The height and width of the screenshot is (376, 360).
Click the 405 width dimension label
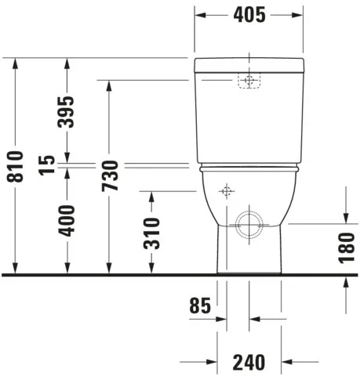pos(248,15)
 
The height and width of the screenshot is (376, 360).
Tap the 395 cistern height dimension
pos(67,113)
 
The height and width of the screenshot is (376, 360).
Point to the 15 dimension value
pos(47,164)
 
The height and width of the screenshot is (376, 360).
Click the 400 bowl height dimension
pos(67,221)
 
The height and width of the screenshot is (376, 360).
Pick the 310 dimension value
pos(152,233)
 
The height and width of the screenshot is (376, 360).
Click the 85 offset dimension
pos(201,306)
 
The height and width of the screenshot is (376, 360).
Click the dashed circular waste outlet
pos(250,225)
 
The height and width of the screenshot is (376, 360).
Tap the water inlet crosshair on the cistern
pos(249,81)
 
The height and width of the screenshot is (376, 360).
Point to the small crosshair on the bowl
pos(227,191)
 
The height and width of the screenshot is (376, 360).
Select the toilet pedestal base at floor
pos(250,262)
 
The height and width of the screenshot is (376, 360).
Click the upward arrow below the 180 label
pos(346,284)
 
